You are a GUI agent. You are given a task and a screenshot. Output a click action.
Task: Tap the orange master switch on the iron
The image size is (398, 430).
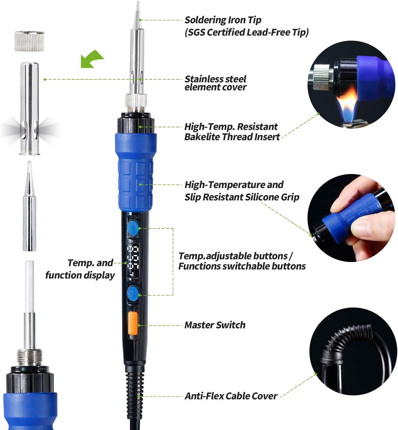click(x=133, y=323)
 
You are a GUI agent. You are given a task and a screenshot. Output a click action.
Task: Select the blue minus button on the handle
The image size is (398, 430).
click(x=133, y=228)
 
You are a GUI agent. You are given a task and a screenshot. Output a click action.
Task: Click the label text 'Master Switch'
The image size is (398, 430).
click(x=215, y=325)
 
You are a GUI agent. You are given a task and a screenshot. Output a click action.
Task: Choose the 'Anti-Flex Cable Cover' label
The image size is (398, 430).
click(x=231, y=396)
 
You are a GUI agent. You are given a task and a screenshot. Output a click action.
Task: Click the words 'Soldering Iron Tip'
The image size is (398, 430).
click(x=223, y=20)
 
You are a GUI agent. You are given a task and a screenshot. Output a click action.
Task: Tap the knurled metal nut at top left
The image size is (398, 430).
click(x=29, y=42)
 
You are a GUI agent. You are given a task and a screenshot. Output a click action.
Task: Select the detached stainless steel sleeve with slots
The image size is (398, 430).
click(x=29, y=109)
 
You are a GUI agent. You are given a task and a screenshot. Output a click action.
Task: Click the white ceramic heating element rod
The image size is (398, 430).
click(x=29, y=287)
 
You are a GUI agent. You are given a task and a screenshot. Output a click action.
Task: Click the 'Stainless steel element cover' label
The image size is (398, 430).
click(x=215, y=83)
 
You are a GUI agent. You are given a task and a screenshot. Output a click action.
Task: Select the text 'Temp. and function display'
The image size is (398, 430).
click(x=82, y=269)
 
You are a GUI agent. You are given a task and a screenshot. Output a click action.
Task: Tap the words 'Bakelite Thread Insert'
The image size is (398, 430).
click(x=232, y=137)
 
